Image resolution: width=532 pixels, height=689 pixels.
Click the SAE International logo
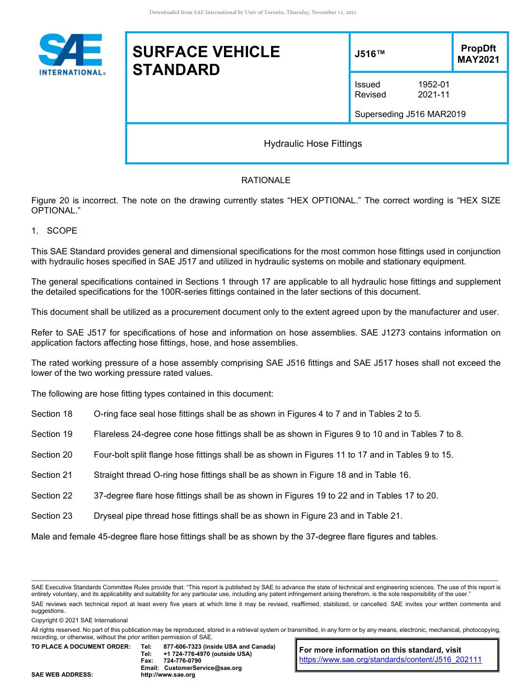[71, 54]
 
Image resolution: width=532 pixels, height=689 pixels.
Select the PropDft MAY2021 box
[478, 54]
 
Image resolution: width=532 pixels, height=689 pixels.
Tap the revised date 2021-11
[433, 95]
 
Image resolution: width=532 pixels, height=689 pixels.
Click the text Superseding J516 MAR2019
[410, 114]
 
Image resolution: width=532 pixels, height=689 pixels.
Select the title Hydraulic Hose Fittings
[312, 144]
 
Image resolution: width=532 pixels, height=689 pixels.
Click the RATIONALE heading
[265, 180]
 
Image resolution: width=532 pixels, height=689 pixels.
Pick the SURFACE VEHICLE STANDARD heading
[206, 60]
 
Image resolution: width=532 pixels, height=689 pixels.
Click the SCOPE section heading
[62, 231]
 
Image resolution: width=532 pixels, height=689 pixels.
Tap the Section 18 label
[52, 414]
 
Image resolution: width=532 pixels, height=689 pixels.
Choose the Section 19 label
[52, 434]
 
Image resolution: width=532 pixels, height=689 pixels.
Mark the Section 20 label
[52, 455]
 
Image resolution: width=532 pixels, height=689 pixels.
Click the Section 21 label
[52, 475]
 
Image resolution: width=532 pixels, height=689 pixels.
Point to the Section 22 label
[52, 496]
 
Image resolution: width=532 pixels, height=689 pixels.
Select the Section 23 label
[52, 516]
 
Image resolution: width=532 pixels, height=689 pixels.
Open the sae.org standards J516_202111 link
[390, 660]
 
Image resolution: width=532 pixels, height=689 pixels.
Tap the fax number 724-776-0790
[182, 661]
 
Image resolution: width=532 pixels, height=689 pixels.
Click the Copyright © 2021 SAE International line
[80, 620]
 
